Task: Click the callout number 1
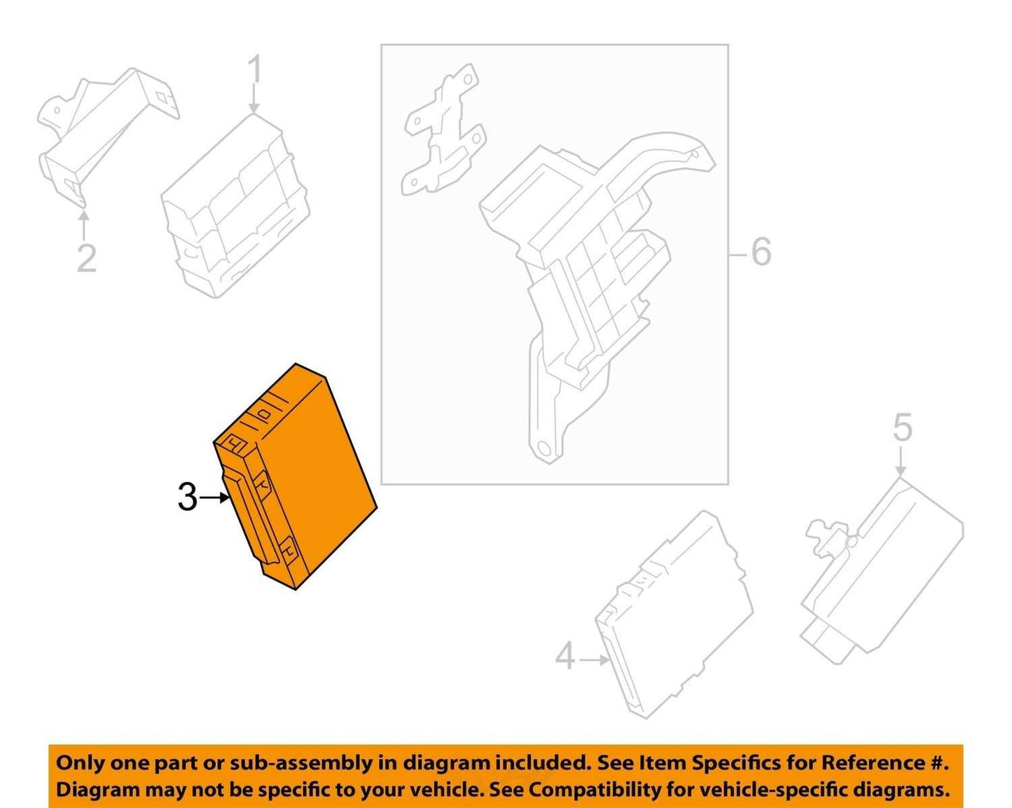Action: pos(254,69)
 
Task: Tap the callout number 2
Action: pos(87,258)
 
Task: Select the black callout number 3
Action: pos(188,498)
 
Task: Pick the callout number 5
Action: pos(903,427)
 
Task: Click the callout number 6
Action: pos(761,252)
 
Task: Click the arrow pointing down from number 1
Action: pos(254,99)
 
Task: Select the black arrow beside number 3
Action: pos(214,498)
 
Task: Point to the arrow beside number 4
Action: pos(595,660)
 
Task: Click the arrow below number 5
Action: pos(901,461)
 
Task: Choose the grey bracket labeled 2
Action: pos(107,137)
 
